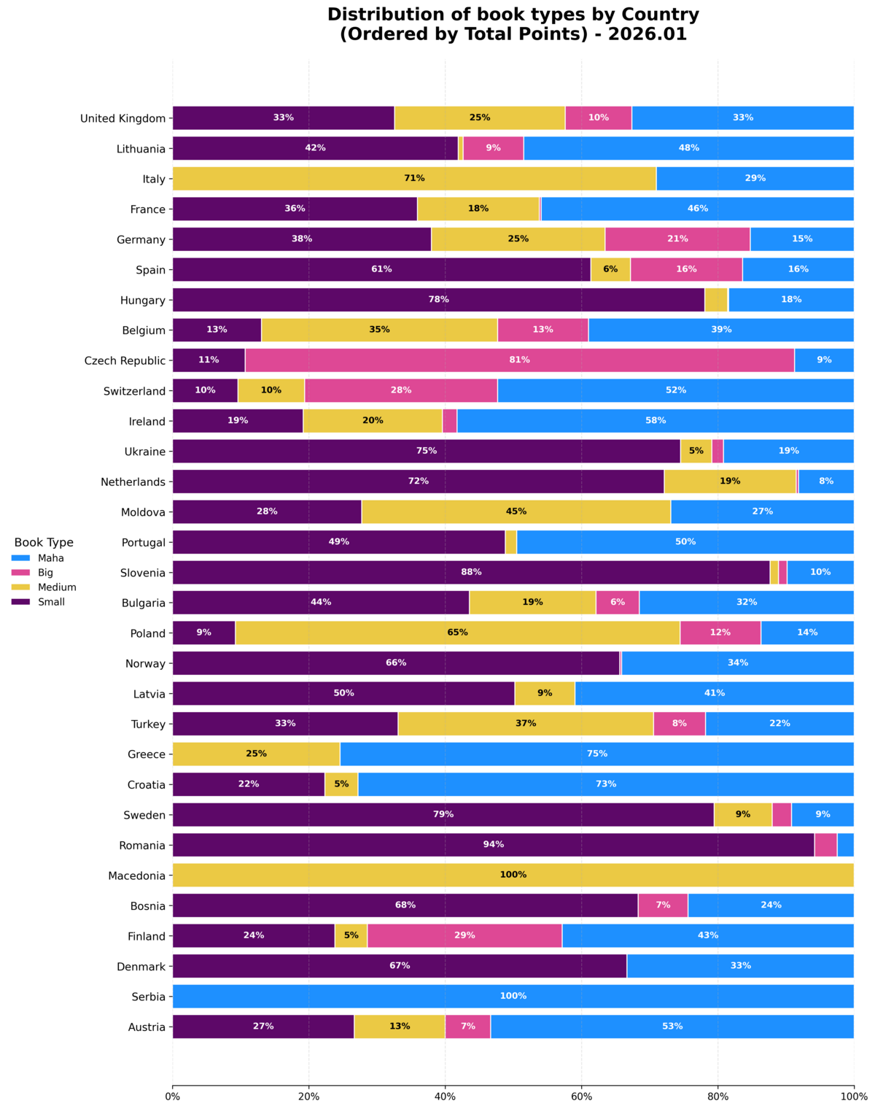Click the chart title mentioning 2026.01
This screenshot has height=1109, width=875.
513,24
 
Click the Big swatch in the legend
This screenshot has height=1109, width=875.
20,573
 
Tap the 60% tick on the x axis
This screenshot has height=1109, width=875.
581,1096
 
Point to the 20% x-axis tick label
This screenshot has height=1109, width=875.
308,1096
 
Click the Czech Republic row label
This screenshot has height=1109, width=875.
125,361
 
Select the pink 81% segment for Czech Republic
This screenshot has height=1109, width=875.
519,360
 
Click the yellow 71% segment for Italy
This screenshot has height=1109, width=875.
414,179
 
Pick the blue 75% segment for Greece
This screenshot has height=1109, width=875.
596,754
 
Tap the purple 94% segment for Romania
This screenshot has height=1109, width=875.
493,845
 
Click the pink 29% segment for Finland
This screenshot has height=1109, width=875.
464,935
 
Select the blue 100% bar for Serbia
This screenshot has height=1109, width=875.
513,996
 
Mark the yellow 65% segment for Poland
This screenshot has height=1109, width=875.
457,633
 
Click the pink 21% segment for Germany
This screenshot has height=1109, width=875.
677,239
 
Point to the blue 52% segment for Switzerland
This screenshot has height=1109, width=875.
675,390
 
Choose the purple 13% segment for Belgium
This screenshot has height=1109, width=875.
217,330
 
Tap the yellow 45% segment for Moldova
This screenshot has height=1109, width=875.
516,511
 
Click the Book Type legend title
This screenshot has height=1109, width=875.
44,543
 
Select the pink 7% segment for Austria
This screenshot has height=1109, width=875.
467,1027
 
